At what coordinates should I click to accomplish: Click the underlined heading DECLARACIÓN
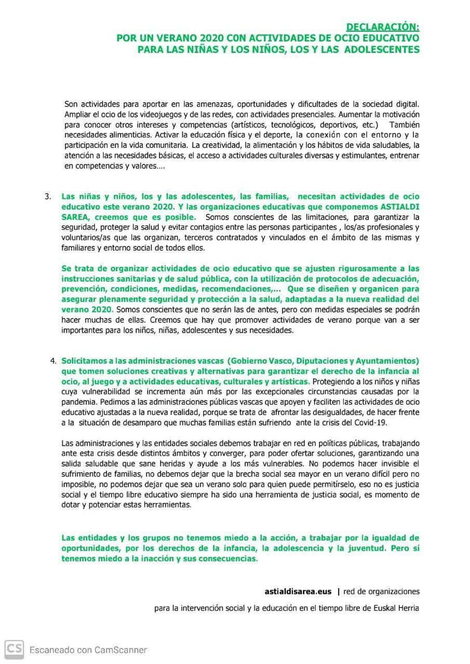(x=383, y=26)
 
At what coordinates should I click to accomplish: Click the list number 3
(x=48, y=197)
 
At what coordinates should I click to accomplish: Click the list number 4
(x=53, y=361)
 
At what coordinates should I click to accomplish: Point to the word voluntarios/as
(x=84, y=238)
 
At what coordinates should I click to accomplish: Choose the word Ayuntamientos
(x=388, y=361)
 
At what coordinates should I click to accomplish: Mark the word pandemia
(x=78, y=402)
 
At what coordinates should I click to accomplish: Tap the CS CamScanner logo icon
(x=14, y=649)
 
